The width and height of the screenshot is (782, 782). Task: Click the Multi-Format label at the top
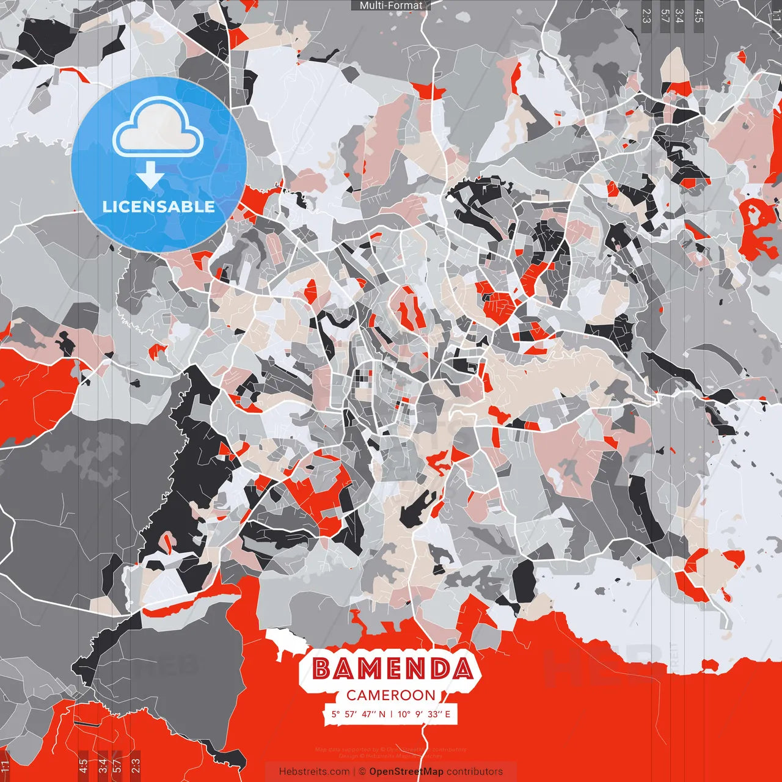pyautogui.click(x=391, y=5)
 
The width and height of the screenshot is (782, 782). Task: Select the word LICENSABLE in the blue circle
pyautogui.click(x=159, y=206)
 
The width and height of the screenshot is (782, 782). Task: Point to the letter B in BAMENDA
pyautogui.click(x=323, y=669)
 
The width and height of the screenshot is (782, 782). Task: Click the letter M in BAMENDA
pyautogui.click(x=371, y=669)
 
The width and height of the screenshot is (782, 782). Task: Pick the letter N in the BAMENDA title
pyautogui.click(x=418, y=669)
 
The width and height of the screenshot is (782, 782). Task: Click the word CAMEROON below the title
pyautogui.click(x=391, y=695)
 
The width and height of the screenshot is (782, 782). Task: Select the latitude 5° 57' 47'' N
pyautogui.click(x=359, y=714)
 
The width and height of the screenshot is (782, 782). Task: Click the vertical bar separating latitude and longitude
pyautogui.click(x=391, y=714)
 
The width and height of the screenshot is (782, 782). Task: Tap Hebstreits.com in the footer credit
pyautogui.click(x=314, y=772)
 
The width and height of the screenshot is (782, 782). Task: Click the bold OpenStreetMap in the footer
pyautogui.click(x=406, y=772)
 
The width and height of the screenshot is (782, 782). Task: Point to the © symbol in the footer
pyautogui.click(x=362, y=772)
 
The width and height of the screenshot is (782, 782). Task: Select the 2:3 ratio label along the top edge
pyautogui.click(x=646, y=15)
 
